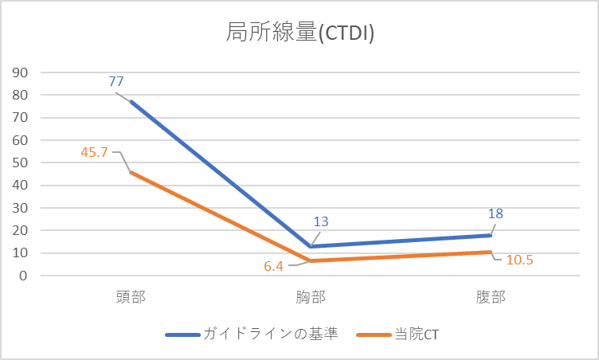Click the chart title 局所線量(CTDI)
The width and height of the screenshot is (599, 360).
pos(300,33)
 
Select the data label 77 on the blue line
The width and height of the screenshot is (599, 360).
pos(116,81)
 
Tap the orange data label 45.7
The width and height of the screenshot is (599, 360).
pos(95,151)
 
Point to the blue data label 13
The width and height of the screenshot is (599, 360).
pos(322,222)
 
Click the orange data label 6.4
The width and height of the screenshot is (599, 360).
pos(274,266)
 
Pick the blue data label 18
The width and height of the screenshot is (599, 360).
pos(495,213)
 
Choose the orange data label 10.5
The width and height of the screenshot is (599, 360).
pos(520,260)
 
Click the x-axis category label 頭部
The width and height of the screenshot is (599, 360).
pos(131,297)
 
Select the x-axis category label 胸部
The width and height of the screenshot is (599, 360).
pos(311,297)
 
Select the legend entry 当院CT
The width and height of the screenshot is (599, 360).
pos(415,335)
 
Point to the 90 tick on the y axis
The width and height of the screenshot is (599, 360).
pos(21,72)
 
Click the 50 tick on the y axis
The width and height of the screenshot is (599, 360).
pos(21,162)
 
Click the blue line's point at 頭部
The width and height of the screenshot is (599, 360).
pos(131,101)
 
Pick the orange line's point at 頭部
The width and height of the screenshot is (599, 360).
pos(131,172)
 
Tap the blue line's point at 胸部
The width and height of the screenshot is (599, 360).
pos(311,246)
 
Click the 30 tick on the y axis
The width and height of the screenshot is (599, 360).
pos(21,208)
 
